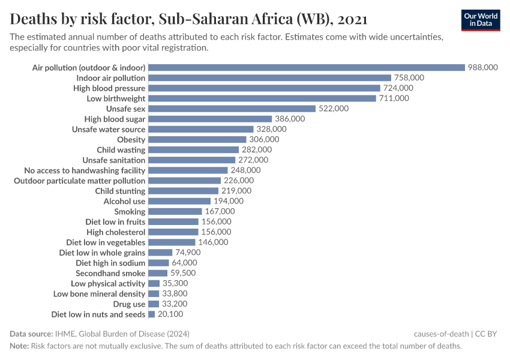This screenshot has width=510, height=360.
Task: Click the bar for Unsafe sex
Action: [232, 109]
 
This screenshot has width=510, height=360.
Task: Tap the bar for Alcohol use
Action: [179, 201]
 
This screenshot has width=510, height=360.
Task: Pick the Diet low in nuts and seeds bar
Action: [152, 314]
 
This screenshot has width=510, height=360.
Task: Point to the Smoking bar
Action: [175, 211]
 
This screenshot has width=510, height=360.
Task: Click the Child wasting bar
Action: [193, 149]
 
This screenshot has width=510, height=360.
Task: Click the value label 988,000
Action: [483, 68]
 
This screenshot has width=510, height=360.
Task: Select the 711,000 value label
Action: [394, 98]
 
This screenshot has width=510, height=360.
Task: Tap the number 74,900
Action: [188, 253]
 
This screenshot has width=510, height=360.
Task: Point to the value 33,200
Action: [175, 304]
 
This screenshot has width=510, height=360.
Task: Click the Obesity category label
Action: [131, 140]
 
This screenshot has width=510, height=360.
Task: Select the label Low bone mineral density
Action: [99, 293]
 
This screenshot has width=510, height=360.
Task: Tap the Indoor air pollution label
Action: [111, 78]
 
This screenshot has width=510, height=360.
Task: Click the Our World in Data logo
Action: [481, 20]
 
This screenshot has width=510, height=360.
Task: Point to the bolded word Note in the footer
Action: [19, 346]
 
